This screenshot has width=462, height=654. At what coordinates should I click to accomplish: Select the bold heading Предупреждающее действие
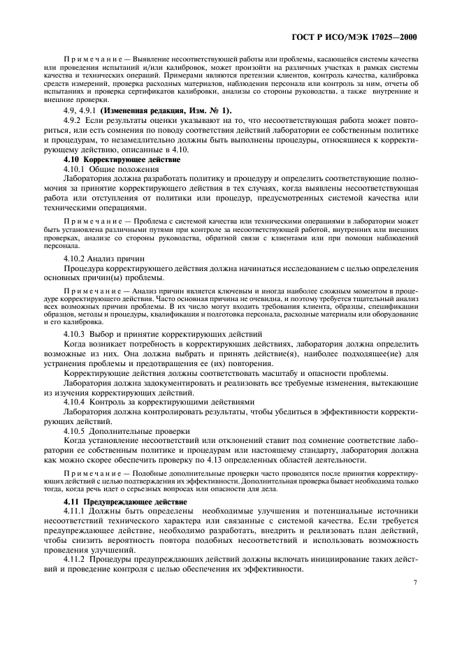pos(132,502)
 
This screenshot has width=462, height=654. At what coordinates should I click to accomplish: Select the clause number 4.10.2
pos(76,258)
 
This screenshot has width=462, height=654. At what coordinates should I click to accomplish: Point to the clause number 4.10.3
pos(76,334)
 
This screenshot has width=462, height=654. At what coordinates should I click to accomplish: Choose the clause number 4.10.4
pos(76,402)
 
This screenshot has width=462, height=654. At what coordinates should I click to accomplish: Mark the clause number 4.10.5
pos(76,431)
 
